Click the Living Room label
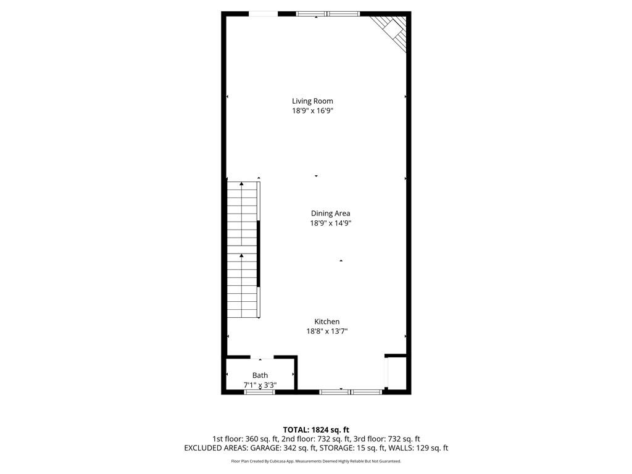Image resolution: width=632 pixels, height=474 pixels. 312,101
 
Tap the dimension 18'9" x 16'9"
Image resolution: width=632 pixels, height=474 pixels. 312,111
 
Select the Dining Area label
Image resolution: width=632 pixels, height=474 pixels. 330,214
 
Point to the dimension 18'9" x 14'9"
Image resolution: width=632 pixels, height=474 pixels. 330,223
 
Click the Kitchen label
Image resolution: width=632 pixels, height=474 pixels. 326,322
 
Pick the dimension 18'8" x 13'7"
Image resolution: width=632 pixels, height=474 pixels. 326,331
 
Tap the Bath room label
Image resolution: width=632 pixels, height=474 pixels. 260,375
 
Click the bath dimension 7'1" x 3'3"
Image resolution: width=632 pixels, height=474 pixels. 260,385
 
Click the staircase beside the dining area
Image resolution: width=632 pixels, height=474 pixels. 242,250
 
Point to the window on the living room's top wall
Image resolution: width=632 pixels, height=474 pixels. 327,14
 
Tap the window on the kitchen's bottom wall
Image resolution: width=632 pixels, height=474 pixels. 351,391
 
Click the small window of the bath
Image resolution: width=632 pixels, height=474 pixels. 259,392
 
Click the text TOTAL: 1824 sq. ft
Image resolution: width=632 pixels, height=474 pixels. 316,430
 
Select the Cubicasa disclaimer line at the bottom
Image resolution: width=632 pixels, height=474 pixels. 316,461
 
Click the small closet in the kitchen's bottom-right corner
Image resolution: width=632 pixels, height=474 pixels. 396,373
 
